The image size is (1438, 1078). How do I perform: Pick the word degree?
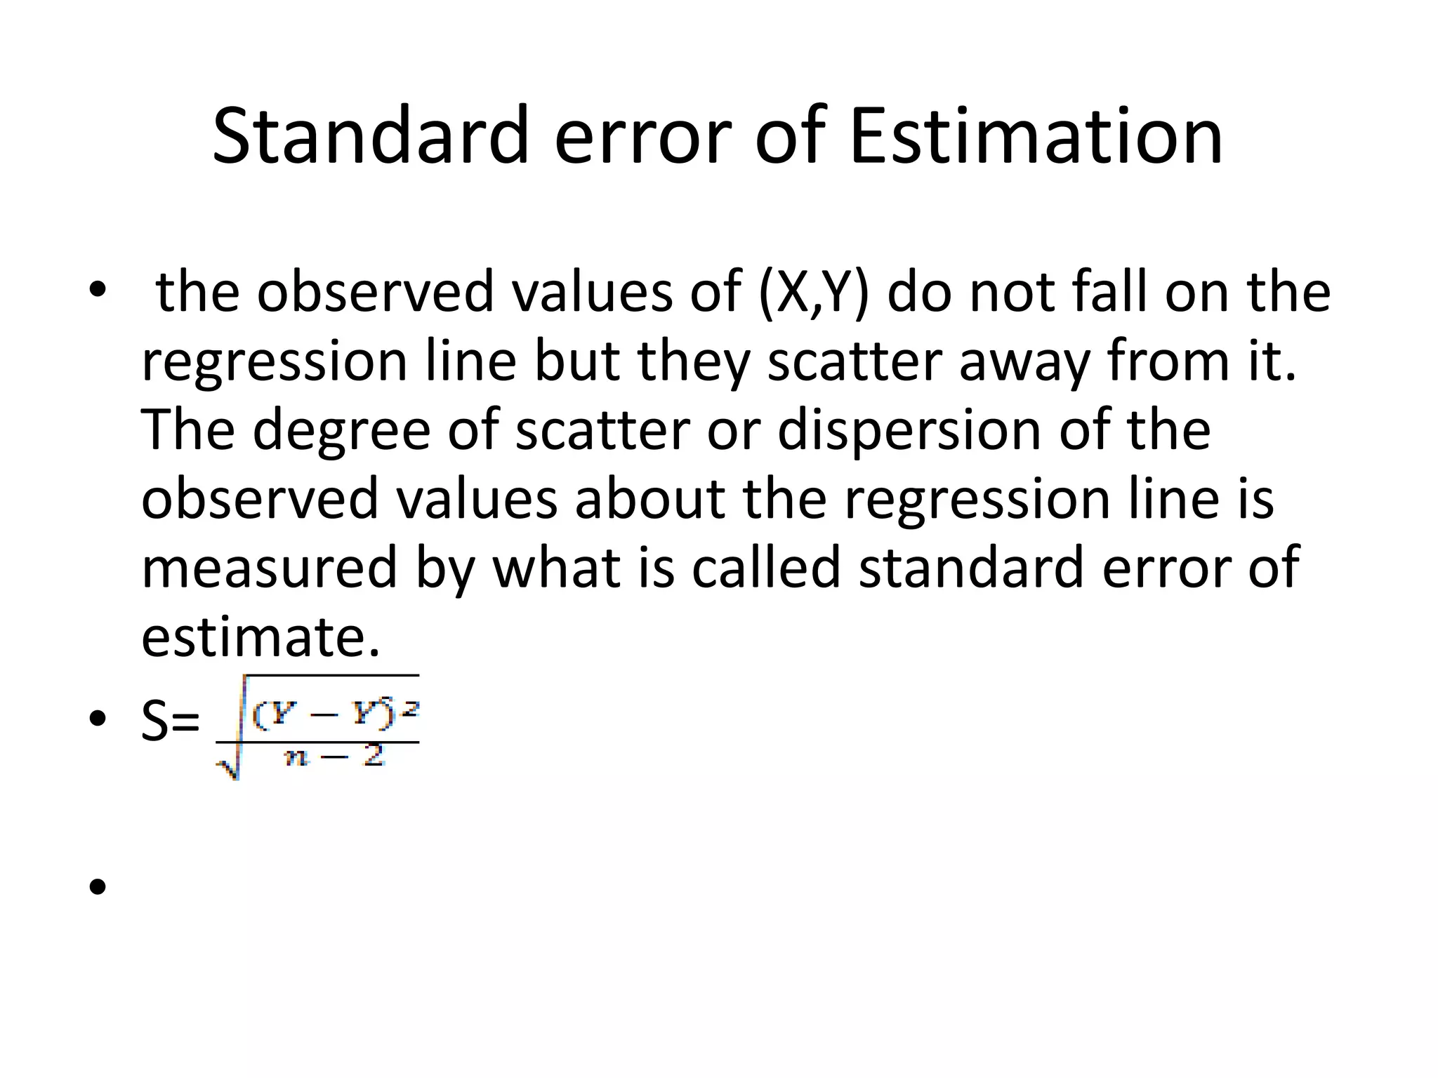point(341,430)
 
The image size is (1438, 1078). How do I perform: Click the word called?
point(766,567)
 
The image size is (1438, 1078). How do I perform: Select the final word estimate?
point(260,636)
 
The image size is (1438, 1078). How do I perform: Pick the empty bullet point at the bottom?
point(98,886)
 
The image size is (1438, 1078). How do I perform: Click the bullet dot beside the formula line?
point(98,719)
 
